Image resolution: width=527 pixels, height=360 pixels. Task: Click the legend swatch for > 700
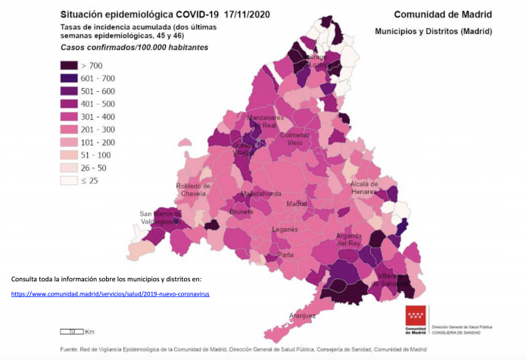coord(70,65)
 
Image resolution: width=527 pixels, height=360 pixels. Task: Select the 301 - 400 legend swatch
coord(70,117)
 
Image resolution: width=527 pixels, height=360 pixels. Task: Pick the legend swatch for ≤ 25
coord(70,180)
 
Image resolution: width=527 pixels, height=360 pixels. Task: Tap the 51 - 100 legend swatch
coord(70,155)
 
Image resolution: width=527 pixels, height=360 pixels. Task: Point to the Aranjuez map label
coord(302,315)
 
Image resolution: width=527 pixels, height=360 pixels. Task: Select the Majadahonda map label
coord(261,194)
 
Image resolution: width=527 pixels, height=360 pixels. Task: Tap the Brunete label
coord(242,212)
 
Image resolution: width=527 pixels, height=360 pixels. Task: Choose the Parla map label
coord(285,255)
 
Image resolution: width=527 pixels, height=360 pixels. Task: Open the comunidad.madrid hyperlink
coord(110,293)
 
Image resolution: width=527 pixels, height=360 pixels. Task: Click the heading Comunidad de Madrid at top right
coord(443,14)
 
